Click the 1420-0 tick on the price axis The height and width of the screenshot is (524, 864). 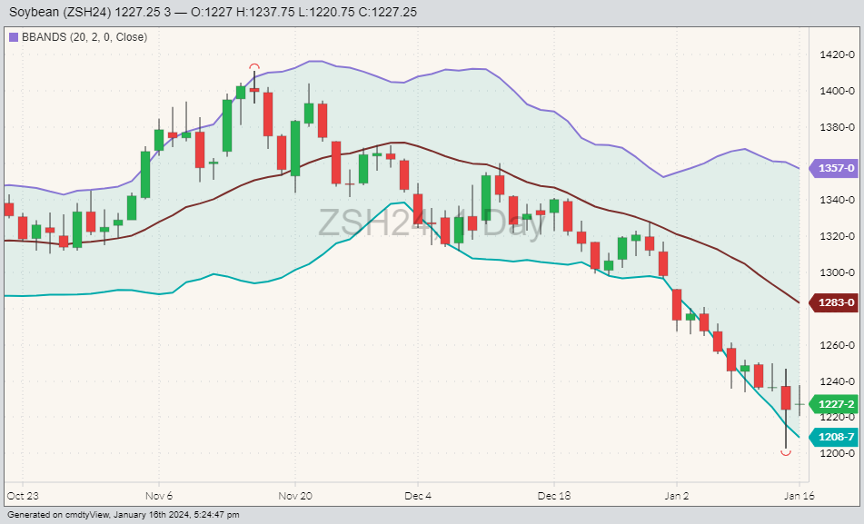835,54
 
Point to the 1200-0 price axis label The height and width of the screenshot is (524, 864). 835,453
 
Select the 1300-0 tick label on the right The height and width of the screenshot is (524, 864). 835,272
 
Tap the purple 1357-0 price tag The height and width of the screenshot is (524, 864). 835,169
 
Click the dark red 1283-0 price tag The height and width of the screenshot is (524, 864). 835,302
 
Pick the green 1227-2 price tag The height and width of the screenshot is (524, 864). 835,404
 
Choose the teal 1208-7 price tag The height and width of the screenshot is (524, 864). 835,437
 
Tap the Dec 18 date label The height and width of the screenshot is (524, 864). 553,497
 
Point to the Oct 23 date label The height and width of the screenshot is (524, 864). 22,497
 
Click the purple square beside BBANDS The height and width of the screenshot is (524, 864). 13,37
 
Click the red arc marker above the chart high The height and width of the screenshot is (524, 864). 254,67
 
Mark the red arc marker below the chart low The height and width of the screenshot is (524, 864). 786,452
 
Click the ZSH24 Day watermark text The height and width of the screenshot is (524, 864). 431,222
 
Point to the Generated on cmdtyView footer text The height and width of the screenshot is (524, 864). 123,515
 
